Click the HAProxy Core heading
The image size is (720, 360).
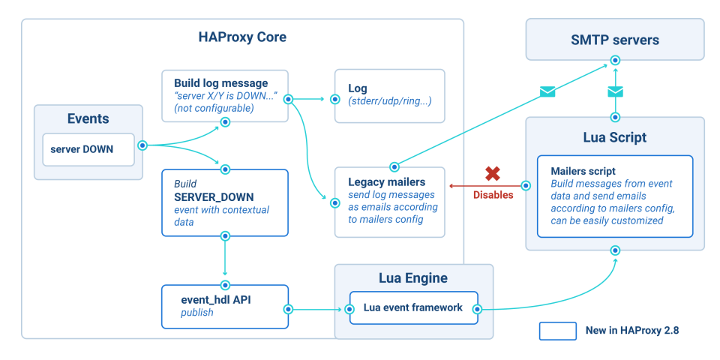pos(242,37)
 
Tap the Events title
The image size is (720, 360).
pos(88,118)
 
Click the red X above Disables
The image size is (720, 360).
pos(493,174)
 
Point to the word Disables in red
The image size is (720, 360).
pos(493,195)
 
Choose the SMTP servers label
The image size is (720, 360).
pos(614,40)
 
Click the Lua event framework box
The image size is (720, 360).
pos(413,307)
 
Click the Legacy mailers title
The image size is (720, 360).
pos(386,182)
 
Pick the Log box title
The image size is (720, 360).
pos(358,88)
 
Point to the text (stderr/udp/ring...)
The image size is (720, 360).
pos(390,101)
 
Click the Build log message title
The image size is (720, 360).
pos(220,82)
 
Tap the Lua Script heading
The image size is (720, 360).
pos(614,138)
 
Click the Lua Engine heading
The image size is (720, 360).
pos(413,278)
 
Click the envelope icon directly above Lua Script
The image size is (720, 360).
pos(615,91)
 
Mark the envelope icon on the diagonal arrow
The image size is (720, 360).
pos(547,91)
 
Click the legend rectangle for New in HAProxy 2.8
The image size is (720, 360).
pos(556,330)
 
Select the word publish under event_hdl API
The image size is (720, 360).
pos(197,312)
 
